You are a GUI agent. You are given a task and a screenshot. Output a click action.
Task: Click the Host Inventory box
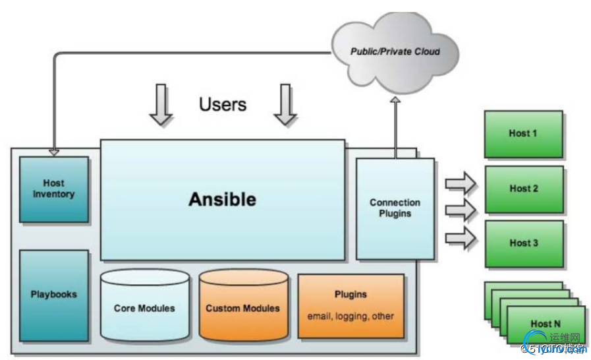[x=54, y=189]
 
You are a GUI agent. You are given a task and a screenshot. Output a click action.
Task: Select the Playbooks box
[x=54, y=294]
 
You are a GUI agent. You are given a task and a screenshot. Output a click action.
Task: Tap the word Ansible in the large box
[x=222, y=199]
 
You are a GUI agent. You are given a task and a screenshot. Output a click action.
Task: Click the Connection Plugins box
[x=395, y=208]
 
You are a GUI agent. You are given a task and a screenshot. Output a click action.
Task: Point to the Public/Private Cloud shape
[x=395, y=51]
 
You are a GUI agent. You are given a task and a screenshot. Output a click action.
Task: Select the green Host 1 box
[x=523, y=134]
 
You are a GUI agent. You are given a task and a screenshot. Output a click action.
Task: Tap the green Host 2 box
[x=524, y=189]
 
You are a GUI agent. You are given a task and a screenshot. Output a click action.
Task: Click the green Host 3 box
[x=524, y=243]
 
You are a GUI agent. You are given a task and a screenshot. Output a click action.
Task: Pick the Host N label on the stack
[x=545, y=324]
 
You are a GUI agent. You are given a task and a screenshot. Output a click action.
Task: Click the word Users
[x=223, y=104]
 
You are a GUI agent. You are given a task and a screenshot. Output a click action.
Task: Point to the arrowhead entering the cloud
[x=395, y=100]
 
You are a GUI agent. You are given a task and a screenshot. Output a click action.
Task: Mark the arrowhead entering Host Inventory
[x=54, y=152]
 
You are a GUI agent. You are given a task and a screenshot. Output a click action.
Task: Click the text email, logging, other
[x=351, y=316]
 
